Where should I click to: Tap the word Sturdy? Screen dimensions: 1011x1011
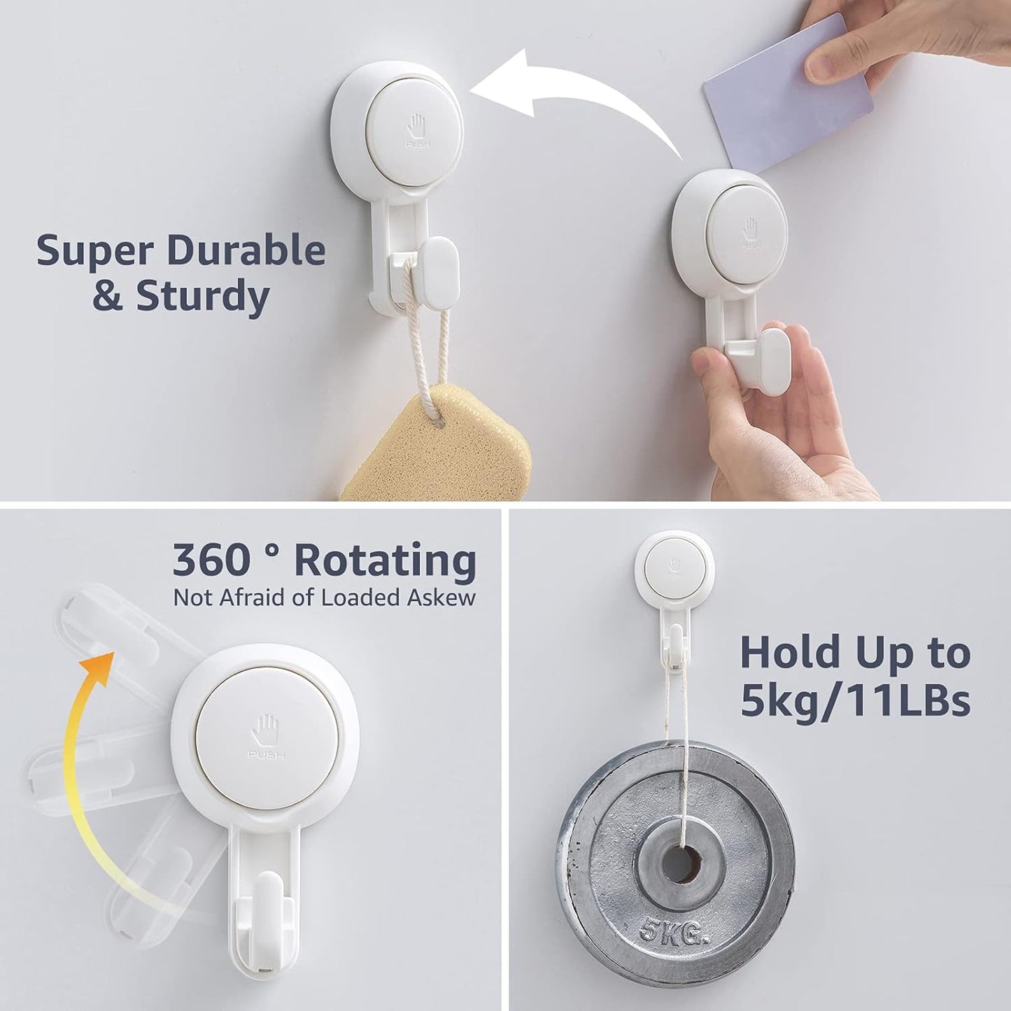pyautogui.click(x=203, y=296)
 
